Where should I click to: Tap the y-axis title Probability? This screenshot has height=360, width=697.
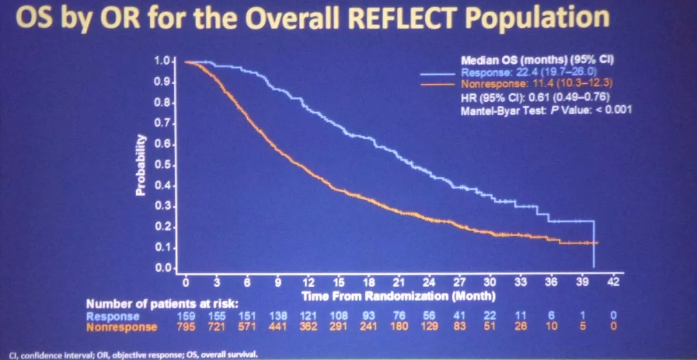(x=142, y=165)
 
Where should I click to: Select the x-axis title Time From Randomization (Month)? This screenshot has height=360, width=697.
(x=398, y=296)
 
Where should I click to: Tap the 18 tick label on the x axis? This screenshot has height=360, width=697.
(x=369, y=282)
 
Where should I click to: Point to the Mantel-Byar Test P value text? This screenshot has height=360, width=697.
(x=545, y=110)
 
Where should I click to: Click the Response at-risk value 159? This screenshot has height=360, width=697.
(x=186, y=316)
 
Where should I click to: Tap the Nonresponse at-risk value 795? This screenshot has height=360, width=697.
(x=186, y=327)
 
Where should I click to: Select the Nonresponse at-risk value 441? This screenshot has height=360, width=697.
(x=278, y=327)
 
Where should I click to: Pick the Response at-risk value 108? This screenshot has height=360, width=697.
(x=338, y=316)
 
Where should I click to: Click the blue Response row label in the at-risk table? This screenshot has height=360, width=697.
(x=113, y=316)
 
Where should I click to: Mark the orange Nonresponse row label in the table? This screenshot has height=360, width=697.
(x=122, y=327)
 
